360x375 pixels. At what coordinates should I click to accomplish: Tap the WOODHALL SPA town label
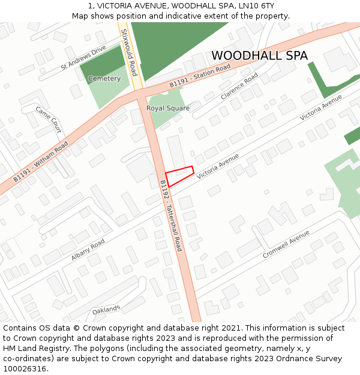click(259, 56)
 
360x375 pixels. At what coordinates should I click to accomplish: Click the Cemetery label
click(104, 79)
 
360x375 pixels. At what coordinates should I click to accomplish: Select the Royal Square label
click(168, 109)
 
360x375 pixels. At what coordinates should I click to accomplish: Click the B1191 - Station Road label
click(200, 77)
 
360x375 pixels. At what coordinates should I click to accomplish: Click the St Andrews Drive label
click(83, 58)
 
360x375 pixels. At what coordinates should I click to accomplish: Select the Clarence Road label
click(239, 86)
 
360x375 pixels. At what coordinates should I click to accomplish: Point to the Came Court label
click(49, 119)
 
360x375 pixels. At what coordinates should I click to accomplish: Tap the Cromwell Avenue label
click(286, 244)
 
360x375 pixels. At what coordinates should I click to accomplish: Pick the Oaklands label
click(106, 310)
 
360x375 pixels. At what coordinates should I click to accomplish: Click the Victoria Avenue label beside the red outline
click(217, 166)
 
